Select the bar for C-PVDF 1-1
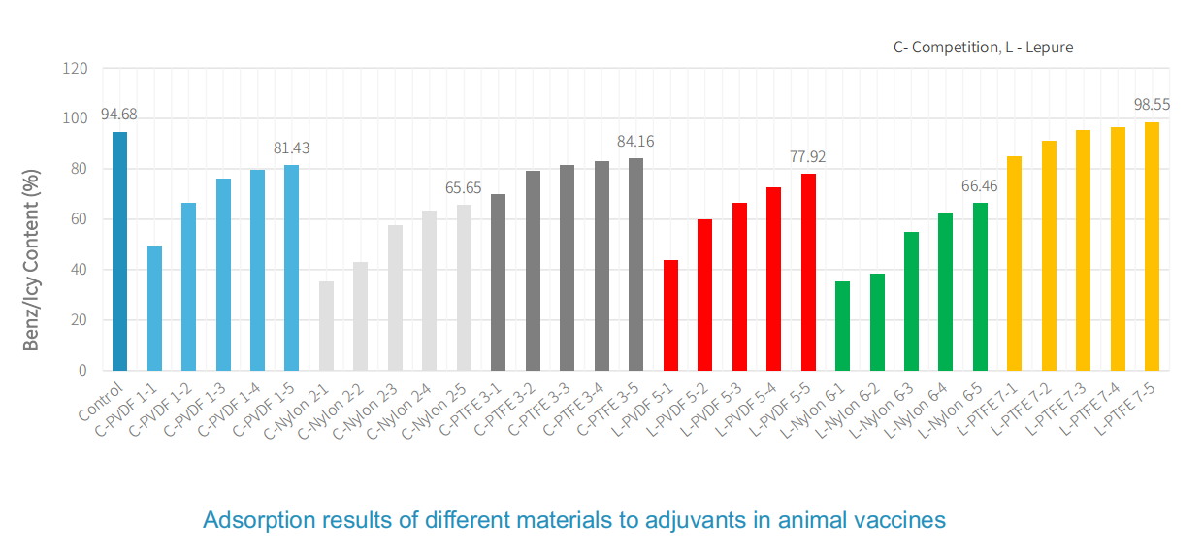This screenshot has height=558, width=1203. tap(154, 308)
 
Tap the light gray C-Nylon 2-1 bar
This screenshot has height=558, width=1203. tap(326, 325)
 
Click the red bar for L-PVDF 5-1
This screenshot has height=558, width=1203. tap(670, 314)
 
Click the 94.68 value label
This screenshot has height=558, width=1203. tap(119, 115)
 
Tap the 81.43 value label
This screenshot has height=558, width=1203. tap(291, 148)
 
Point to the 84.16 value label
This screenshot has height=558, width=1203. tap(635, 141)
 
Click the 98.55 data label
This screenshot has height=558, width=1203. tap(1152, 104)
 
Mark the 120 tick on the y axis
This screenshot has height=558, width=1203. tap(76, 69)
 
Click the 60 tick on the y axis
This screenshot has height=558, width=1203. tap(80, 219)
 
